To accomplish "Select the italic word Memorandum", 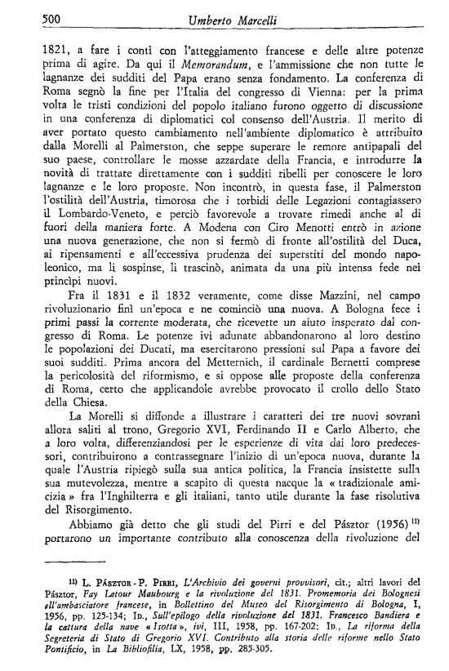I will click(201, 64).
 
